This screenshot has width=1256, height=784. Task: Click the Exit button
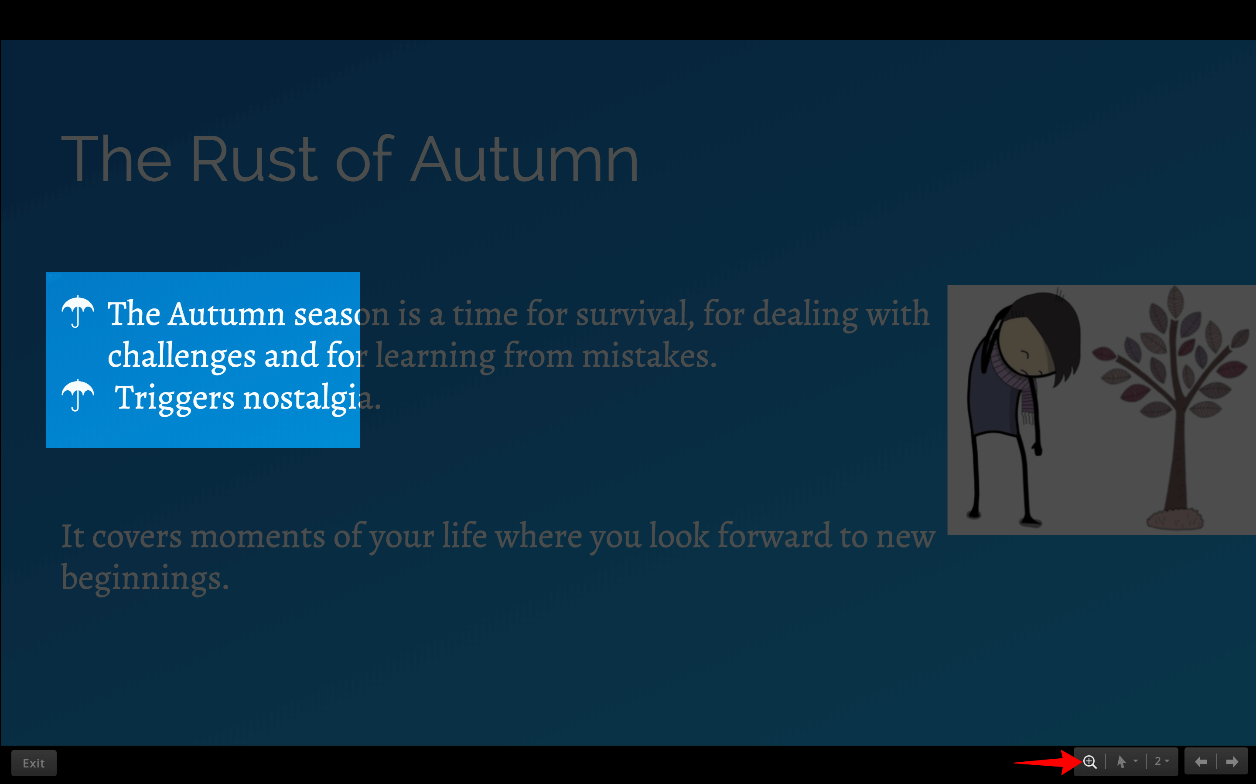coord(34,763)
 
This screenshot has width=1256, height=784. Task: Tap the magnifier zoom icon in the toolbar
coord(1090,762)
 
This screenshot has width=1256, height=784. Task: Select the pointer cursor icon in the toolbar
coord(1122,761)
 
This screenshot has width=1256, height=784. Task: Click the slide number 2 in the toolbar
coord(1157,761)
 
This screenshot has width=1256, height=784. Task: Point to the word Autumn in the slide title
coord(524,159)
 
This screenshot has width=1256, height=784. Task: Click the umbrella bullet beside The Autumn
coord(78,311)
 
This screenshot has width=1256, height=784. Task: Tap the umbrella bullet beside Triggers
coord(78,395)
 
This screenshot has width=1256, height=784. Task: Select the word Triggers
coord(174,399)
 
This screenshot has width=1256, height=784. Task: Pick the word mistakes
coord(649,356)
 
